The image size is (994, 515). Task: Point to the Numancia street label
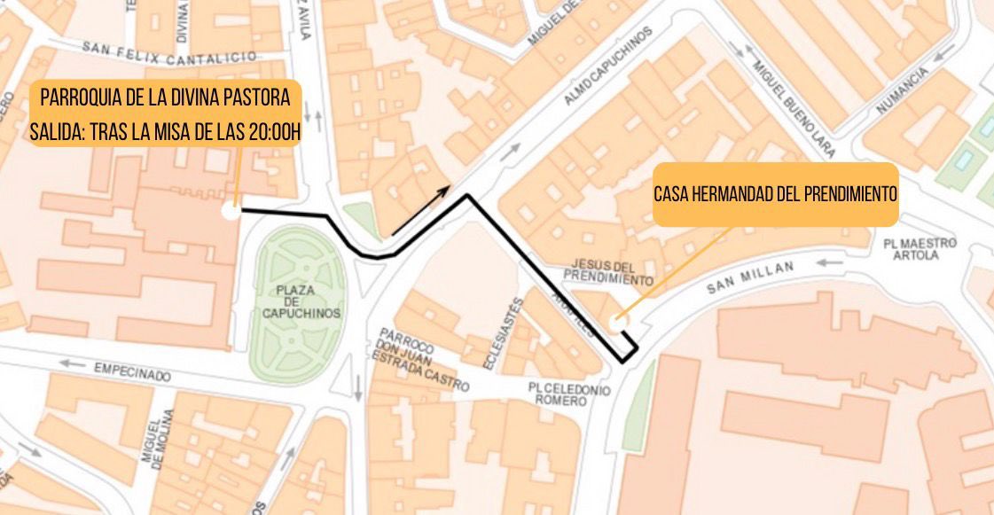pyautogui.click(x=902, y=91)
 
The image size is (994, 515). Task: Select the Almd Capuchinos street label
pyautogui.click(x=607, y=66)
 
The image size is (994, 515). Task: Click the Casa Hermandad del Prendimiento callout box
pyautogui.click(x=775, y=193)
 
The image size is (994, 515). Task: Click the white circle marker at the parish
pyautogui.click(x=230, y=211)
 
